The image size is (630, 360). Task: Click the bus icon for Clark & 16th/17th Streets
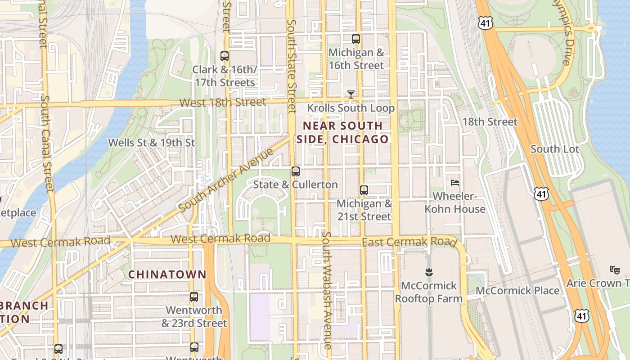pos(225,56)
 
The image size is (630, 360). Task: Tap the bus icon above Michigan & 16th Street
pos(356,39)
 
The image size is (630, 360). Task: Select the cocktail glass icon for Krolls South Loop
pos(351,94)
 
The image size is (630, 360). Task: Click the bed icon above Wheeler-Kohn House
pos(455,182)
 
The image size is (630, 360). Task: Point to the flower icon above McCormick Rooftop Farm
pos(428,272)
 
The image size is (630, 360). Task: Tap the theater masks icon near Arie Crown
pos(614,270)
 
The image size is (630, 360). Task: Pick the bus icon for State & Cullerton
pos(296,171)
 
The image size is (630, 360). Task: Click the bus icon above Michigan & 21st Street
pos(364,190)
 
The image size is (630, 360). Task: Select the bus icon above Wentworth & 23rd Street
pos(194,297)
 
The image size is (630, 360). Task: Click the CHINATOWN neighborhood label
pos(167,274)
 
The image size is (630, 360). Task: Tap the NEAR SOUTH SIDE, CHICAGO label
pos(342,132)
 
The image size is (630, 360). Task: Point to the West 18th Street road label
pos(222,102)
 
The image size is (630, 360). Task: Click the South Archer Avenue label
pos(226,179)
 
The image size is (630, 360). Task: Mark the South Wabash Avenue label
pos(327,290)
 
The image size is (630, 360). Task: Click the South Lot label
pos(555,149)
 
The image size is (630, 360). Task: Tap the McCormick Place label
pos(517,291)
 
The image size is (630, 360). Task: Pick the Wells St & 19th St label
pos(151,143)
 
